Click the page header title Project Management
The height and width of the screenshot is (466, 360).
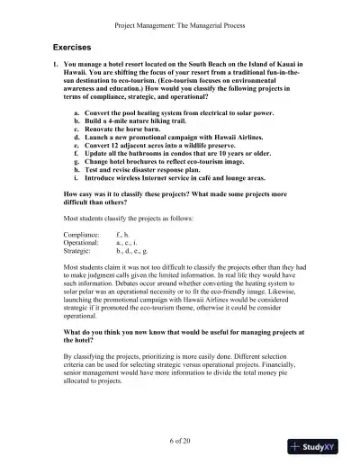[180, 12]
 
